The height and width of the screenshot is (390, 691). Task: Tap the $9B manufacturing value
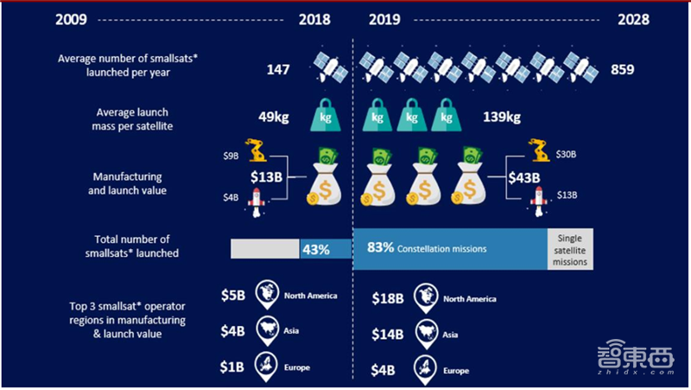[x=231, y=156]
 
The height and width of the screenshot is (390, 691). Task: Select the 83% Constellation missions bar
[x=450, y=248]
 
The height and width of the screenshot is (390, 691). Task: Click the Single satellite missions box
[x=569, y=248]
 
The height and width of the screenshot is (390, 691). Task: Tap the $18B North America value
[x=387, y=298]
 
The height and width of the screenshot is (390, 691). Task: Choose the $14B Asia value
[x=387, y=333]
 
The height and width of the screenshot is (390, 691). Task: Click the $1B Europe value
[x=232, y=368]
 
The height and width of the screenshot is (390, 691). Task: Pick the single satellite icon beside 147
[x=326, y=64]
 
